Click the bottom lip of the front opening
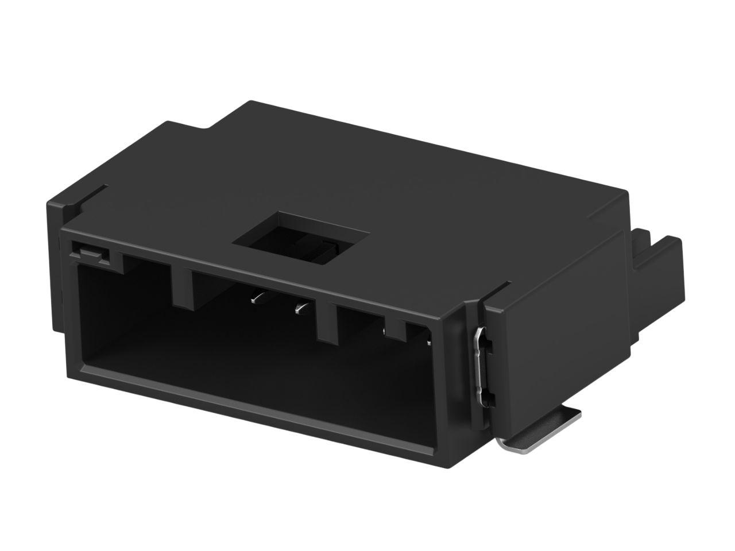click(x=258, y=402)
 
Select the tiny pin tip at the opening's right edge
click(x=429, y=343)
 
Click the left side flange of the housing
click(x=54, y=258)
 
